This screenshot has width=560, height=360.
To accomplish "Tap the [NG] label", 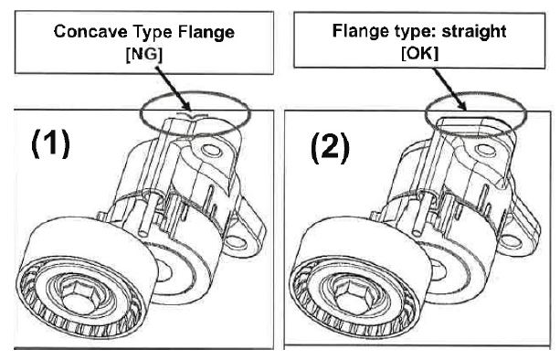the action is point(144,54).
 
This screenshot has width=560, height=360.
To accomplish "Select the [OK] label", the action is point(419,54).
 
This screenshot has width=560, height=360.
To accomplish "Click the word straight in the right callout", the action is point(474,31).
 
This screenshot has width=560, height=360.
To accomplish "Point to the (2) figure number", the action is point(330,147).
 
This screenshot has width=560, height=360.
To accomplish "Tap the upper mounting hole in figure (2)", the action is point(487,150).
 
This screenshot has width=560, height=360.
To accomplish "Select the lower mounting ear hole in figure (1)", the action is point(236,242).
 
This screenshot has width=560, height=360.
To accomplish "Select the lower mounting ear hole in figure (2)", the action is point(510,242).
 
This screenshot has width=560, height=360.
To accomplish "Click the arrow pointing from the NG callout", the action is point(173,89).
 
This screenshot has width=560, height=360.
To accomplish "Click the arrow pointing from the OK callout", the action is point(449,89).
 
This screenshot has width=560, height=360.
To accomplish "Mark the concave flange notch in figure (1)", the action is point(192,115).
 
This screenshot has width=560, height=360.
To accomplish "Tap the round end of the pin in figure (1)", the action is point(144,232).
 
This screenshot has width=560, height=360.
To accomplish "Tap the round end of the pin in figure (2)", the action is point(417,233).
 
